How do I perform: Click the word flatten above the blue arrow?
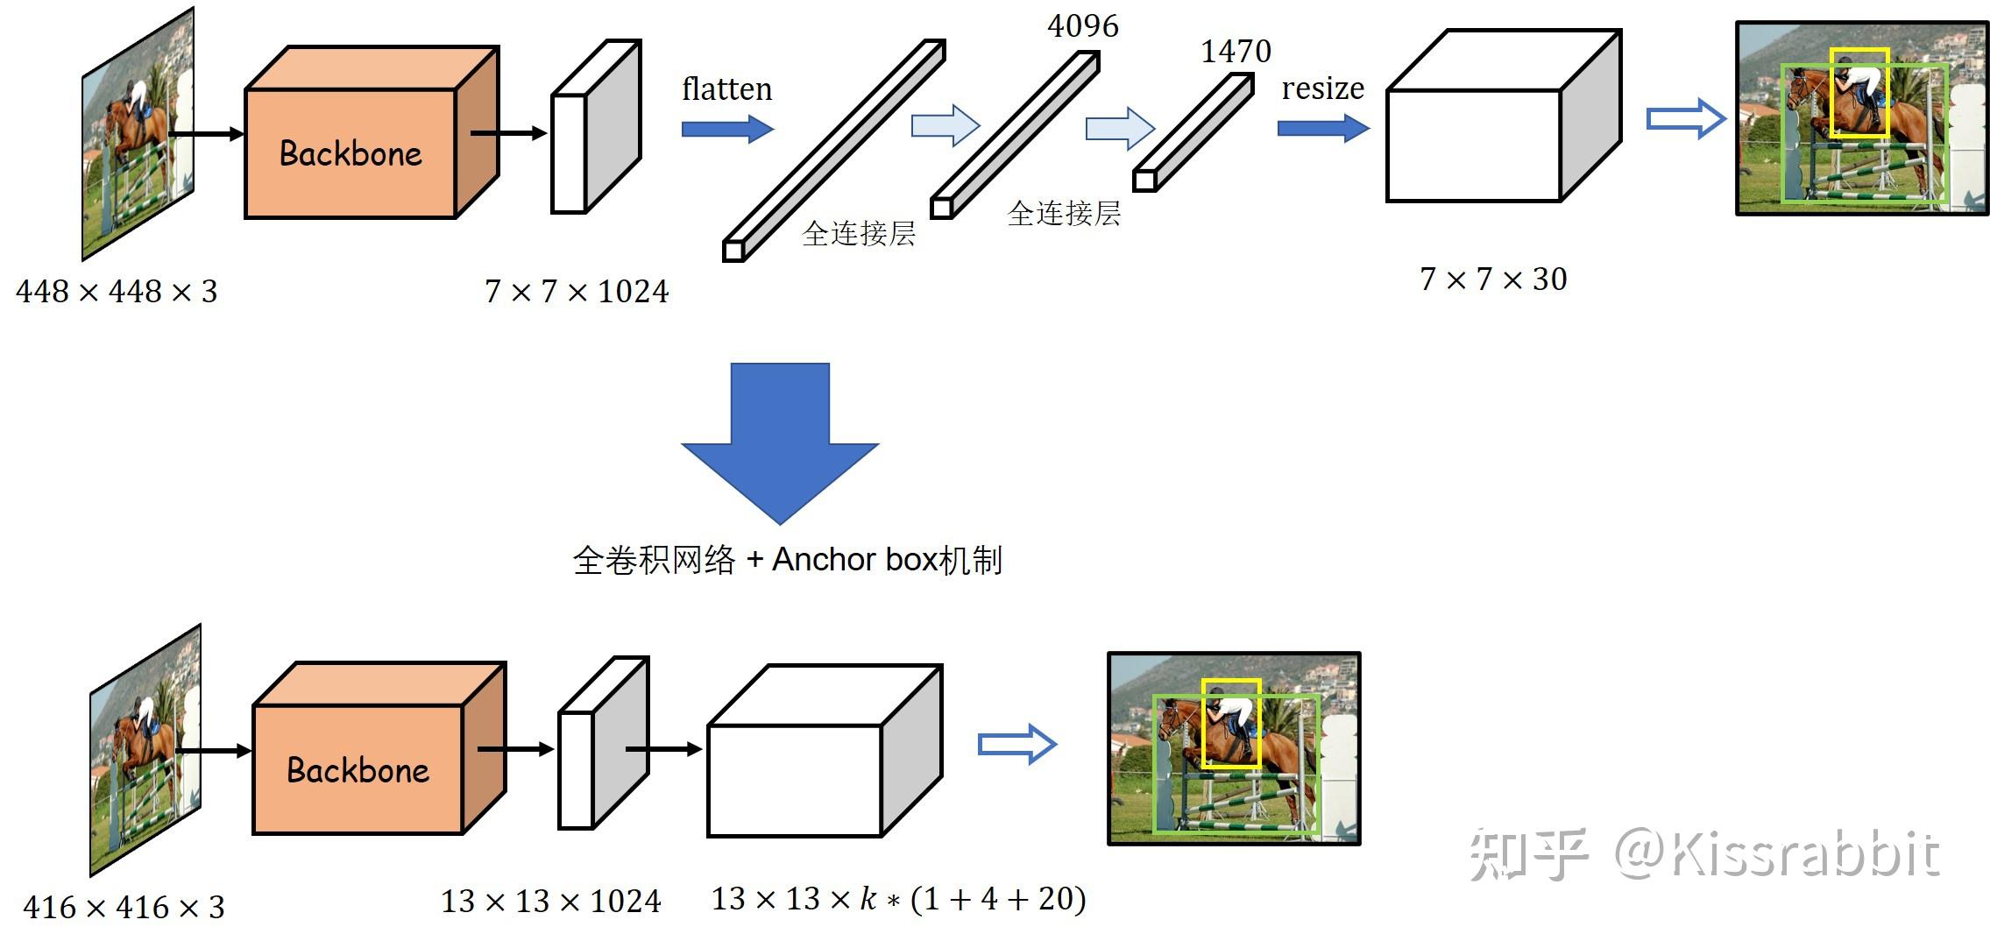point(726,89)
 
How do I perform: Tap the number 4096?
point(1082,26)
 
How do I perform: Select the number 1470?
point(1236,52)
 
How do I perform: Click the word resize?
point(1322,88)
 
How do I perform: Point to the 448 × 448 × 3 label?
point(117,291)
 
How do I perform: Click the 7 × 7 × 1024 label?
point(577,291)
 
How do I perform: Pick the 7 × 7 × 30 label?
point(1493,279)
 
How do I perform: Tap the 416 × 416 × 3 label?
point(124,907)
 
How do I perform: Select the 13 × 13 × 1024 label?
point(550,901)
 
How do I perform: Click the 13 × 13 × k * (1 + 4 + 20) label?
point(898,898)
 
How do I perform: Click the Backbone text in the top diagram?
point(351,154)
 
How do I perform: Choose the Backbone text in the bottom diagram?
point(358,770)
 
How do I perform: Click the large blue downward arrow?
point(780,438)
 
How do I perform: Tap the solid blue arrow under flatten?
point(727,130)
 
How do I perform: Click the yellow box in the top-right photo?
point(1859,51)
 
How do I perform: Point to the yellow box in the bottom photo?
point(1231,682)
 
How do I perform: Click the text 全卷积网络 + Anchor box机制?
point(787,560)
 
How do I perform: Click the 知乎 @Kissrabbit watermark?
point(1703,854)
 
